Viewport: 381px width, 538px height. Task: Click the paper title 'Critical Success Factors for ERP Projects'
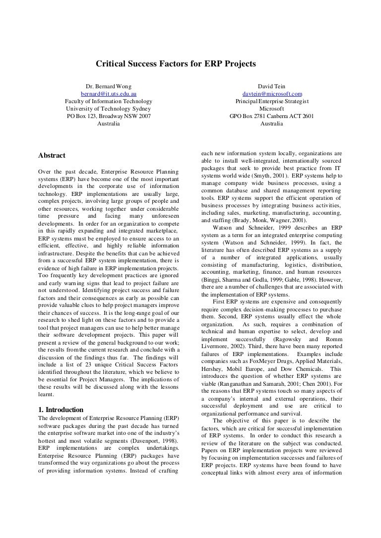pos(175,64)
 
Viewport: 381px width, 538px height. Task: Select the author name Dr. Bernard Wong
pos(109,86)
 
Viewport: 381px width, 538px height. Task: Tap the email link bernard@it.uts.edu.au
pos(109,94)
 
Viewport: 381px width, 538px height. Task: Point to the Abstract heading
pos(52,155)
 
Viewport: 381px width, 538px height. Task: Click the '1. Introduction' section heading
pos(61,409)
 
